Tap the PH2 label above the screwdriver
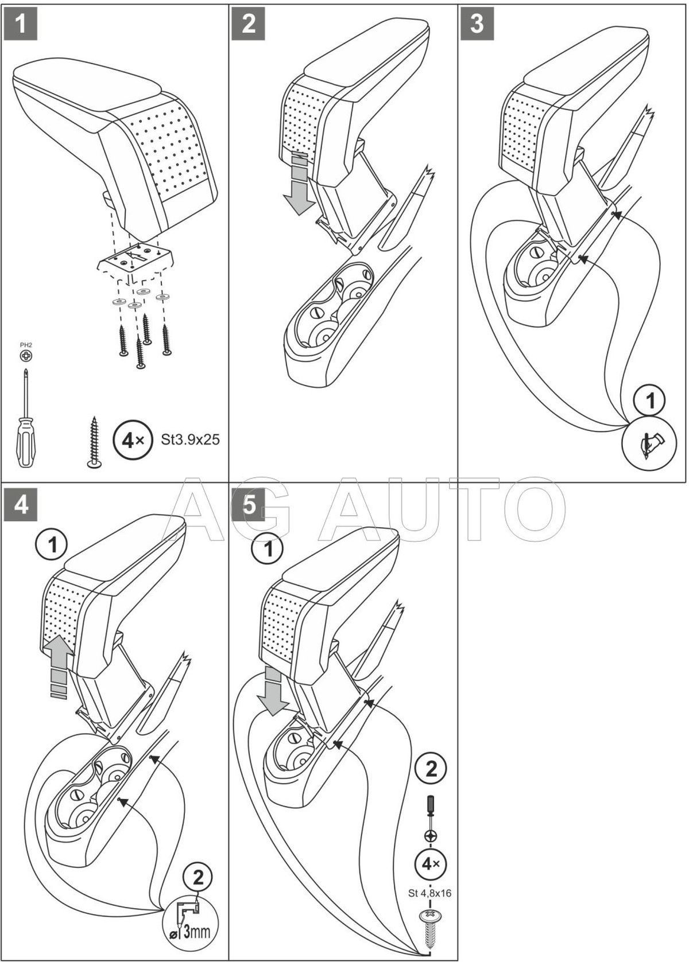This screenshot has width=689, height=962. click(25, 345)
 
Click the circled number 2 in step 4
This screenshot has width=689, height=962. click(198, 877)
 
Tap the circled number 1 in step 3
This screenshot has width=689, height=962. click(650, 401)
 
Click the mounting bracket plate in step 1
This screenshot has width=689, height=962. click(135, 261)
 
